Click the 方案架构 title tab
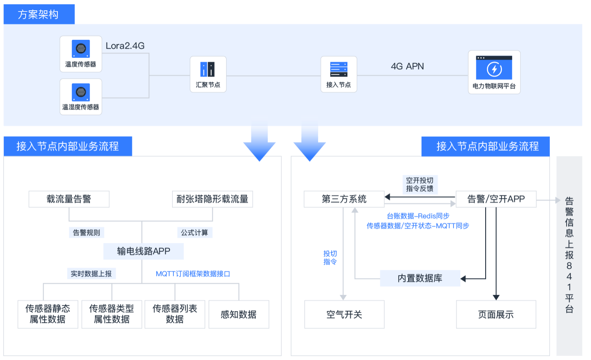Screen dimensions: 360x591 pos(39,15)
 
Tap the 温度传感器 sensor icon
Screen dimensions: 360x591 pos(81,48)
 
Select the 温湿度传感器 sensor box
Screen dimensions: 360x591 pos(81,96)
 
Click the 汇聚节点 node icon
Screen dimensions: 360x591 pos(208,69)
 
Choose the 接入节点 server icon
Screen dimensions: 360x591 pos(338,69)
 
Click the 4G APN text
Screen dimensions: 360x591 pos(407,66)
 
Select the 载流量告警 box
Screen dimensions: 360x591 pos(69,199)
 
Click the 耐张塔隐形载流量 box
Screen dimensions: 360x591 pos(212,199)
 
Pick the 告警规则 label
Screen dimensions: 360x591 pos(86,232)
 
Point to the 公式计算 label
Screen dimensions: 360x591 pos(195,232)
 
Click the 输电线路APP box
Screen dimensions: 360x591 pos(143,251)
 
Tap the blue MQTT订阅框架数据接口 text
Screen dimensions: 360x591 pos(193,273)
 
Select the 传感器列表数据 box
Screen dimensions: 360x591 pos(175,314)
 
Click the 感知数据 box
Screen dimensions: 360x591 pos(239,314)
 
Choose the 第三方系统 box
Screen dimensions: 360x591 pos(344,199)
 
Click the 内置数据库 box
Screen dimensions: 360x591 pos(420,278)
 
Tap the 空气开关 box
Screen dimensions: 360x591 pos(344,314)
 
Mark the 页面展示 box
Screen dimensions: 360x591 pos(495,314)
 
